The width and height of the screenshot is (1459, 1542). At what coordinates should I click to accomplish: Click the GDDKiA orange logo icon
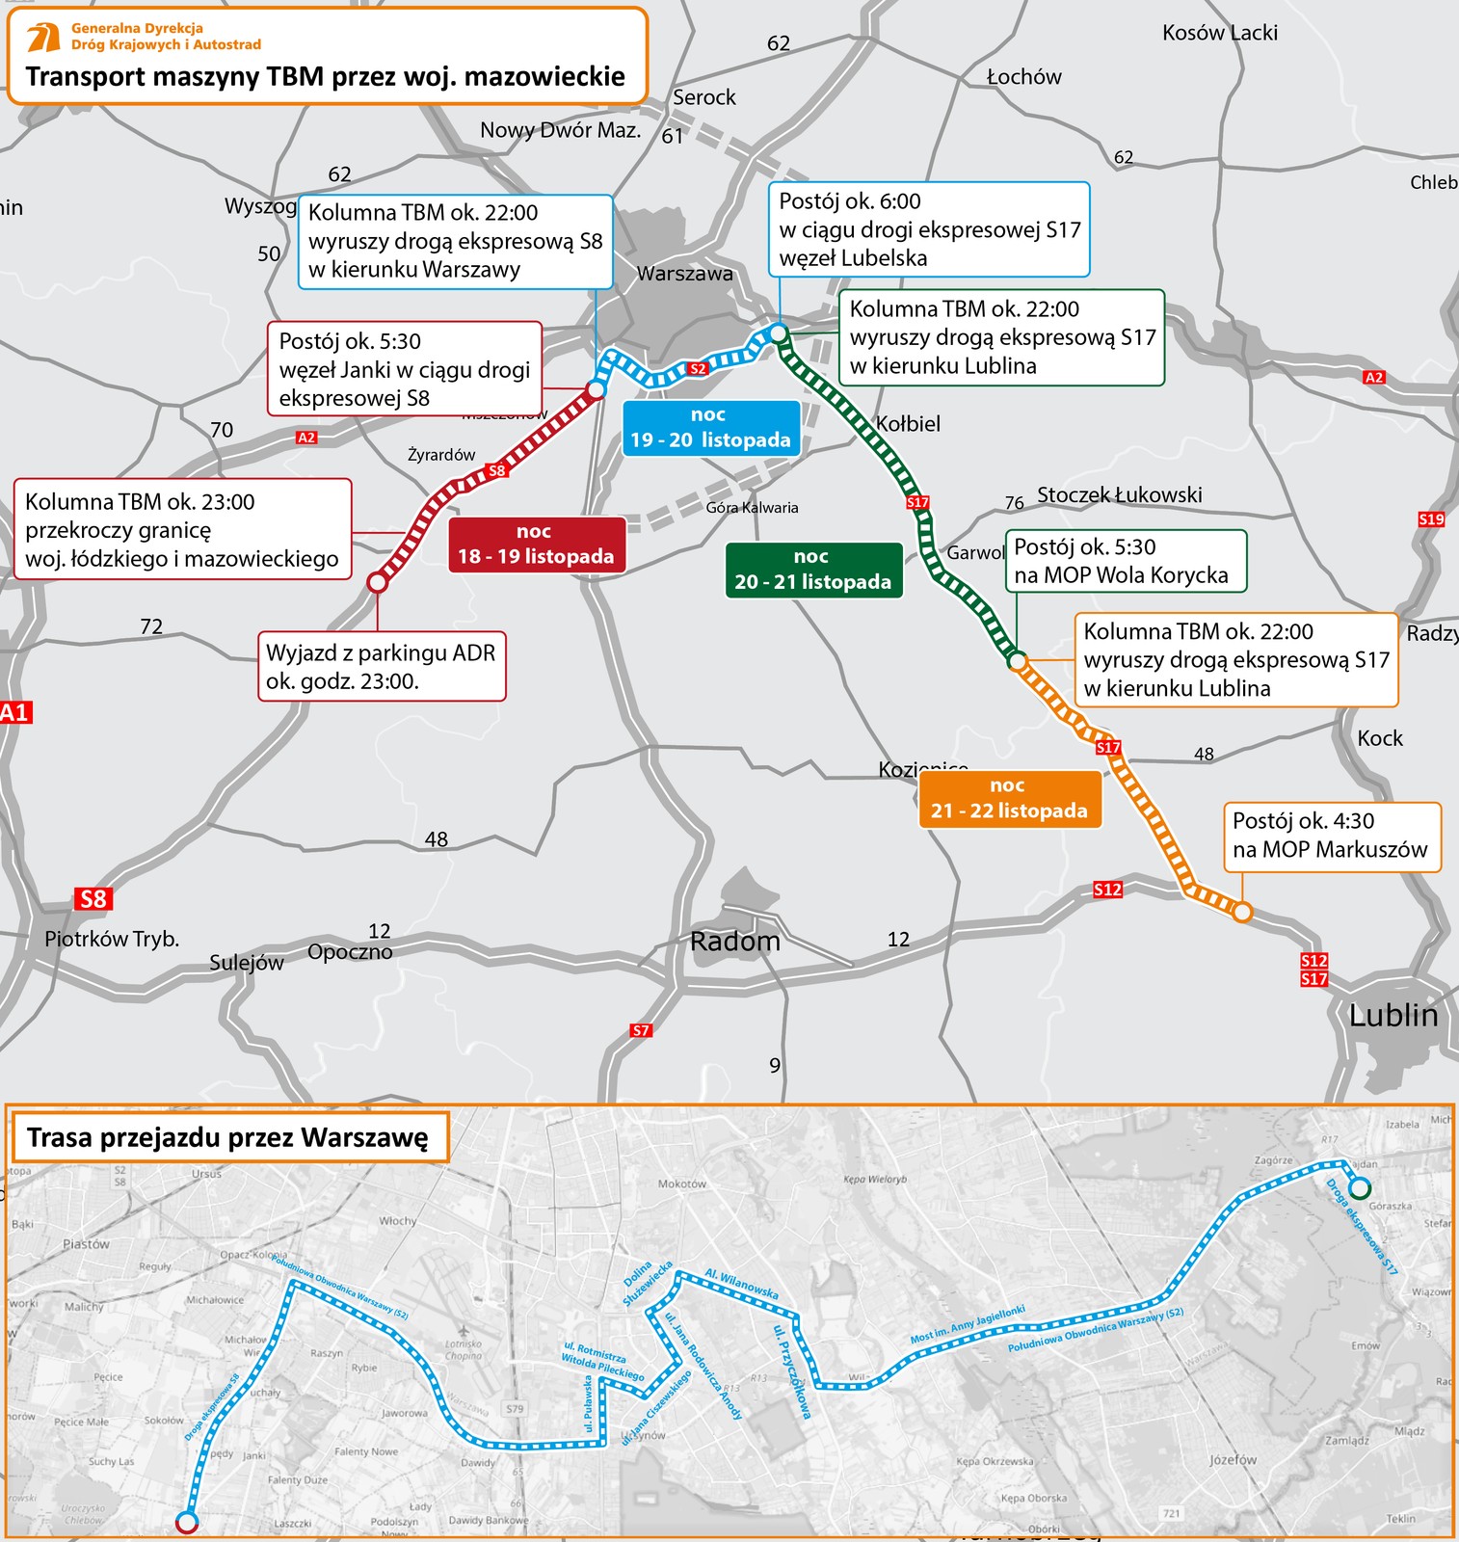[x=43, y=38]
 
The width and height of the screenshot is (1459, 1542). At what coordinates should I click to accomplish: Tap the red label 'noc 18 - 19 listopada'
[x=536, y=545]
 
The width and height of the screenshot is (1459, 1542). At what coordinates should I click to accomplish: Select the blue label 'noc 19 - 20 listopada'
[x=710, y=428]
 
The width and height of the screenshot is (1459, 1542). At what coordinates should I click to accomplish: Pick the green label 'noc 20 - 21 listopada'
[x=812, y=570]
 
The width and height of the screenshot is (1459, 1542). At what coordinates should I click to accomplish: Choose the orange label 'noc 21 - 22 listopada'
[x=1008, y=799]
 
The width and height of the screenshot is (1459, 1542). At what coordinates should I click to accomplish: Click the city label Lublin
[x=1393, y=1016]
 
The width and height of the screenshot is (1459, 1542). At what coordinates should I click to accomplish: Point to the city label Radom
[x=735, y=942]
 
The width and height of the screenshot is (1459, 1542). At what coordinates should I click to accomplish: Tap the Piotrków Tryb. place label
[x=112, y=939]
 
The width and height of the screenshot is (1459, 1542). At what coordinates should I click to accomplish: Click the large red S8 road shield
[x=93, y=899]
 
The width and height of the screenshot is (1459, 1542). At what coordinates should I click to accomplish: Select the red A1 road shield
[x=15, y=713]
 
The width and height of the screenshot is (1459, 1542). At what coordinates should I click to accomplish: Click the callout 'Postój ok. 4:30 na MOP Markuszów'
[x=1331, y=836]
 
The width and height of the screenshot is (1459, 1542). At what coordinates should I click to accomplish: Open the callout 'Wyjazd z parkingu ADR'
[x=381, y=667]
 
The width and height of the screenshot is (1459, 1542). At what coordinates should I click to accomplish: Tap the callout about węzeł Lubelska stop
[x=929, y=229]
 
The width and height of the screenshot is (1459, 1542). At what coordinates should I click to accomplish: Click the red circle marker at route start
[x=378, y=582]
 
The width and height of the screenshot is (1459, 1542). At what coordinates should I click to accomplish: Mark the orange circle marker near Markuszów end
[x=1242, y=912]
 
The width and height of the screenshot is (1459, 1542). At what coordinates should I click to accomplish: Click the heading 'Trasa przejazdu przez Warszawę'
[x=227, y=1137]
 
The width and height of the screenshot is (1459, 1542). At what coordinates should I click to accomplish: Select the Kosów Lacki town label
[x=1219, y=33]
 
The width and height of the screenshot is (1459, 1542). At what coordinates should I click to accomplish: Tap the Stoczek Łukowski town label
[x=1119, y=495]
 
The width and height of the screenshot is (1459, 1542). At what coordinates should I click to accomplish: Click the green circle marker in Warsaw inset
[x=1361, y=1186]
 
